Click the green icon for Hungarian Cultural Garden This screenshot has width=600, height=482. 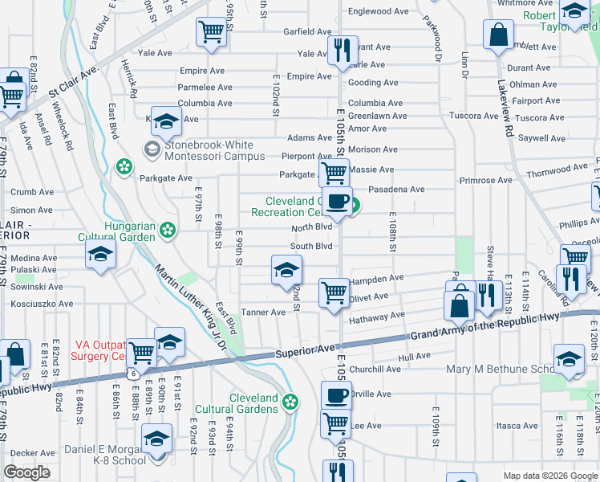tap(168, 231)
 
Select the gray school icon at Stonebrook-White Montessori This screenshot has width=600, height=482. tap(152, 149)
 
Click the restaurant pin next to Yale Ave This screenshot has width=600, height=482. tap(343, 50)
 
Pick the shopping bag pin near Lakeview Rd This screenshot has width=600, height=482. tap(498, 35)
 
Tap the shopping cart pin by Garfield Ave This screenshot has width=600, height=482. tap(211, 32)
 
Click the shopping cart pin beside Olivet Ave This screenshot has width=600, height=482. tap(334, 292)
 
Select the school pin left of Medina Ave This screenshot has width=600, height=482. tap(100, 255)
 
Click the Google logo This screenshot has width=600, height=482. tap(26, 472)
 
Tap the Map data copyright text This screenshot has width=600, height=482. tap(549, 476)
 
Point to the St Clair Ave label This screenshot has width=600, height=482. tap(72, 81)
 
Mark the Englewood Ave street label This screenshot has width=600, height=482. tap(378, 11)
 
